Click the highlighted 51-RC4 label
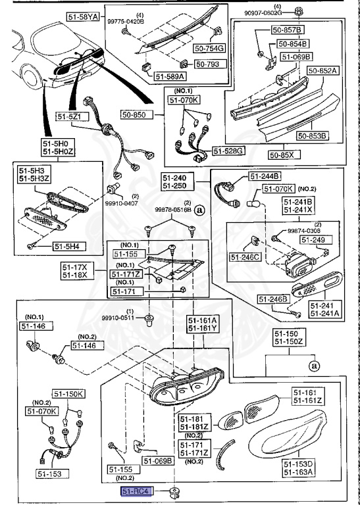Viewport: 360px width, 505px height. click(136, 491)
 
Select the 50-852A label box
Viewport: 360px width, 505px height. click(322, 70)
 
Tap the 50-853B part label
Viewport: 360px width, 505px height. click(312, 136)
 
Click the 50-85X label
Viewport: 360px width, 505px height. click(282, 155)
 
